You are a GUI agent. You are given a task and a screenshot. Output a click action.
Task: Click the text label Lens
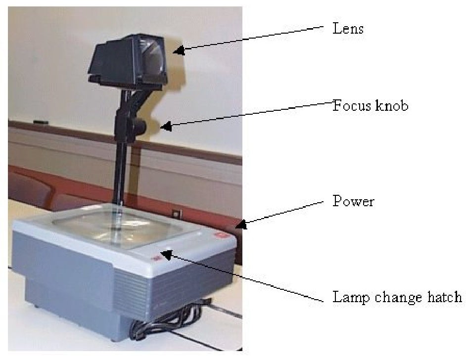click(x=348, y=29)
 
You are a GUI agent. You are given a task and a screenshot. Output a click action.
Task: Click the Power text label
click(x=353, y=202)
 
